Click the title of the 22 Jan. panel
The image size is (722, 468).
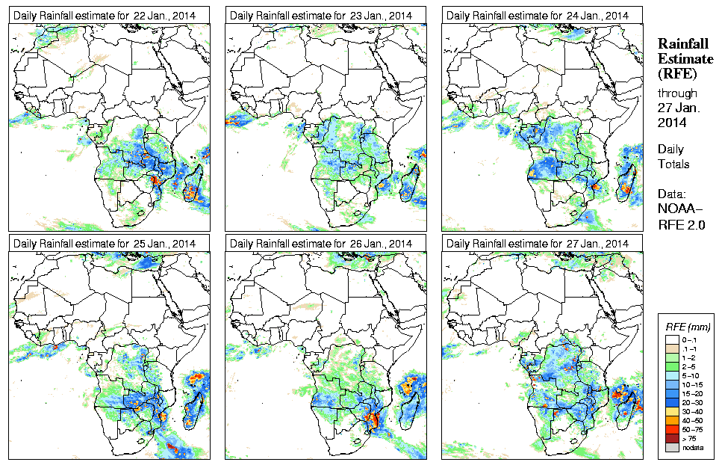tap(104, 15)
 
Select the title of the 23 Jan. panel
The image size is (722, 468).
tap(321, 15)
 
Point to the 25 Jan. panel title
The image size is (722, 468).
tap(104, 244)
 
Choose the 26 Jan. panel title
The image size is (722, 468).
tap(321, 244)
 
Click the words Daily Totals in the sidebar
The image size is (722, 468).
tap(673, 156)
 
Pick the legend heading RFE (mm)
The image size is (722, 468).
tap(687, 327)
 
